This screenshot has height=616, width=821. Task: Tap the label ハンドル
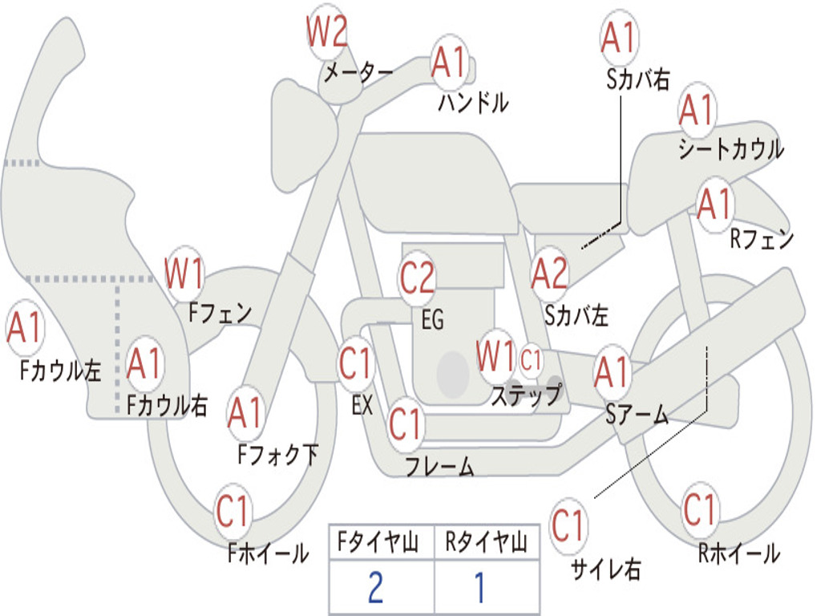pyautogui.click(x=472, y=102)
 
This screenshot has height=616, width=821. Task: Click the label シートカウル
pyautogui.click(x=731, y=148)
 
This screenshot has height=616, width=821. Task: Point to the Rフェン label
pyautogui.click(x=762, y=239)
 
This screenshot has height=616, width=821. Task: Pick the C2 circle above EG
pyautogui.click(x=417, y=277)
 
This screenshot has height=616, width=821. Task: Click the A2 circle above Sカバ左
pyautogui.click(x=549, y=274)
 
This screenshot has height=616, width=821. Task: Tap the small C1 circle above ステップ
pyautogui.click(x=531, y=360)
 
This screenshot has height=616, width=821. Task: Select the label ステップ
pyautogui.click(x=526, y=395)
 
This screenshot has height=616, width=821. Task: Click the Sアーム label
pyautogui.click(x=637, y=415)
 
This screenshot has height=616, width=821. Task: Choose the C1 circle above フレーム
pyautogui.click(x=405, y=423)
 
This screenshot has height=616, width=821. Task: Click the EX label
pyautogui.click(x=362, y=405)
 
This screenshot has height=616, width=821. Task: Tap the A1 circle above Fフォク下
pyautogui.click(x=245, y=413)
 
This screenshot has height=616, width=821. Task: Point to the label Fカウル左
pyautogui.click(x=59, y=371)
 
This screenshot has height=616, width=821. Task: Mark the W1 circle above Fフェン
pyautogui.click(x=184, y=273)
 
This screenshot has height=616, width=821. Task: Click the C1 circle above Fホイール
pyautogui.click(x=233, y=511)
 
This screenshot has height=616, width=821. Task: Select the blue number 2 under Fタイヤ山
pyautogui.click(x=376, y=587)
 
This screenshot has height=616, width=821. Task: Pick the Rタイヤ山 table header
pyautogui.click(x=486, y=542)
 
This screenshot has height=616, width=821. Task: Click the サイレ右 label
pyautogui.click(x=605, y=569)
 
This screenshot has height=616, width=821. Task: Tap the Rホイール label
pyautogui.click(x=739, y=553)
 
